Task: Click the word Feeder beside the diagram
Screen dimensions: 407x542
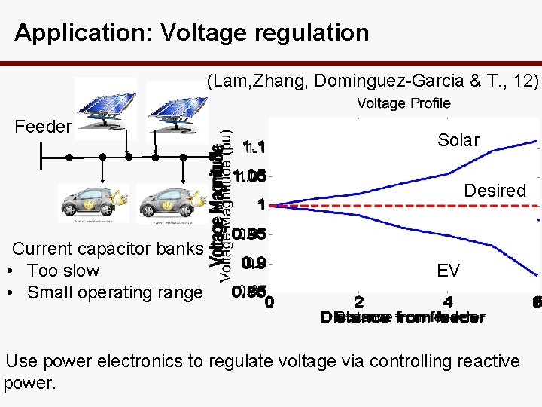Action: pos(43,127)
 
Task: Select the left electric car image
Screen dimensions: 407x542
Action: pos(93,202)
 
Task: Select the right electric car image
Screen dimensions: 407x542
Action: pos(166,202)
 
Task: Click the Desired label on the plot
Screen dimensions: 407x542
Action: pos(495,191)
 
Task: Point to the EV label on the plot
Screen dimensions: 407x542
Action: pos(448,271)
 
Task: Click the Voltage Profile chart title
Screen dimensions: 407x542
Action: pos(403,103)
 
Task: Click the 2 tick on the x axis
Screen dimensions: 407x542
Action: pos(358,302)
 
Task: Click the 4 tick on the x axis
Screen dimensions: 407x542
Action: pos(449,302)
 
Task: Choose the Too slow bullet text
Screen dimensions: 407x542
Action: pos(63,271)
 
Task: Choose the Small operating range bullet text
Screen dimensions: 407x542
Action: pos(114,292)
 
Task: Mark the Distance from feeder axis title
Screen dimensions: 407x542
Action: pos(403,318)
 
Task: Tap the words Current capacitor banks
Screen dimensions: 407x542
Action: pos(108,249)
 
